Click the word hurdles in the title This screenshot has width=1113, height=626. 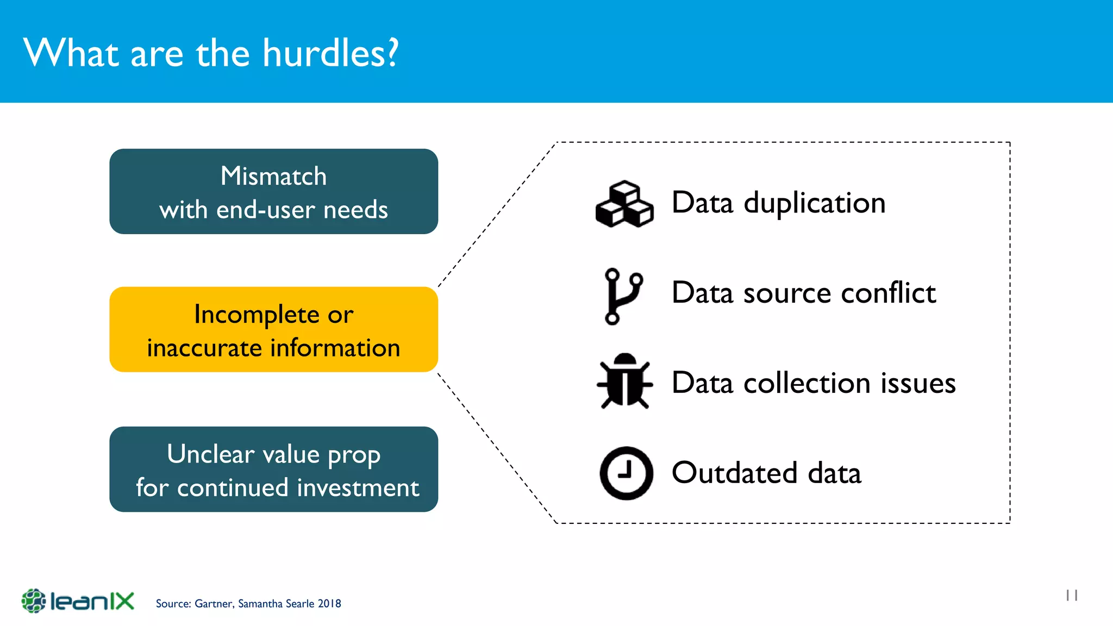point(330,53)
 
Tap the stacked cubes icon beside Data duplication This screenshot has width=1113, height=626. point(624,204)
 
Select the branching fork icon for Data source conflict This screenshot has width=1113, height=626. point(623,296)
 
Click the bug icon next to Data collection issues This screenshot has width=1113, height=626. point(624,381)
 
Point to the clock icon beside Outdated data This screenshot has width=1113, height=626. point(626,473)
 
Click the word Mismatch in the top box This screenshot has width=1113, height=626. point(273,176)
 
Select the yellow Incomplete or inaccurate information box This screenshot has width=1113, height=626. point(273,329)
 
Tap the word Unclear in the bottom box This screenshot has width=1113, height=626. point(210,454)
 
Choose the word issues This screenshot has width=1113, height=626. point(918,383)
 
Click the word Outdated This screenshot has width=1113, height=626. point(734,473)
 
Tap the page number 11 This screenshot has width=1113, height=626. point(1072,596)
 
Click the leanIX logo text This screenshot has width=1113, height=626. point(92,601)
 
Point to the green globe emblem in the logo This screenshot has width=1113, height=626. point(34,601)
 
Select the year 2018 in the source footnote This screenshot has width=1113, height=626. point(329,604)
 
